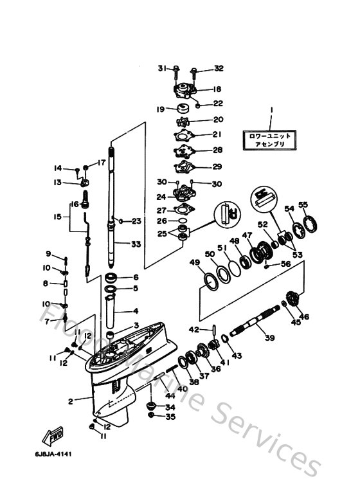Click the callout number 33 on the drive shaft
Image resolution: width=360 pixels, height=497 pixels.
pos(136,244)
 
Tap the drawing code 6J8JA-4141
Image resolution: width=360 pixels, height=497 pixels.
pos(53,454)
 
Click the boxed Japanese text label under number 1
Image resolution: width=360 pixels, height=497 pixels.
pos(270,140)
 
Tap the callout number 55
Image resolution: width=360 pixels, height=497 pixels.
pos(303,205)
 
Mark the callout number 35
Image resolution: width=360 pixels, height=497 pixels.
pos(170,417)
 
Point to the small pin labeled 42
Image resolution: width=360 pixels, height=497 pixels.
pos(212,330)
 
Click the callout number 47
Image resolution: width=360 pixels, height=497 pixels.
pos(246,237)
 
